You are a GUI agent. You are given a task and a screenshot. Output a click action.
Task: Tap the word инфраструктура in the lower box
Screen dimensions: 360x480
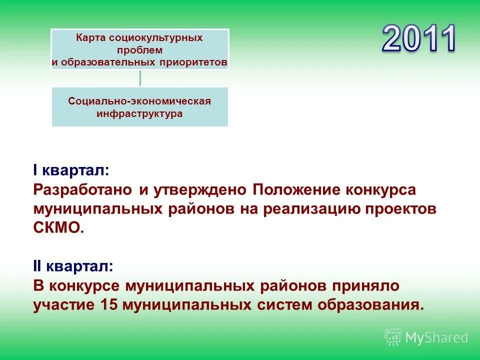(139, 113)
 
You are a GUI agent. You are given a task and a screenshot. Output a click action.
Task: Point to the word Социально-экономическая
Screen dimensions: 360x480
(139, 101)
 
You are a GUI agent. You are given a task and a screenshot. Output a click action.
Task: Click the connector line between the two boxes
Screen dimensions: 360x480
(140, 78)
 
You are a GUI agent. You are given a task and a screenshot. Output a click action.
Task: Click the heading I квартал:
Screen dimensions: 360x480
(70, 170)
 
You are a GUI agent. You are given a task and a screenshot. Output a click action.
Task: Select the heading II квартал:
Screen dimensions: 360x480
(73, 267)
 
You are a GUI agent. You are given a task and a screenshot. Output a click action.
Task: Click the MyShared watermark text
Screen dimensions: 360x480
(436, 338)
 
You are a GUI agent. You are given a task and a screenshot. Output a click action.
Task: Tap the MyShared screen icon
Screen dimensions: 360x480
(393, 337)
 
